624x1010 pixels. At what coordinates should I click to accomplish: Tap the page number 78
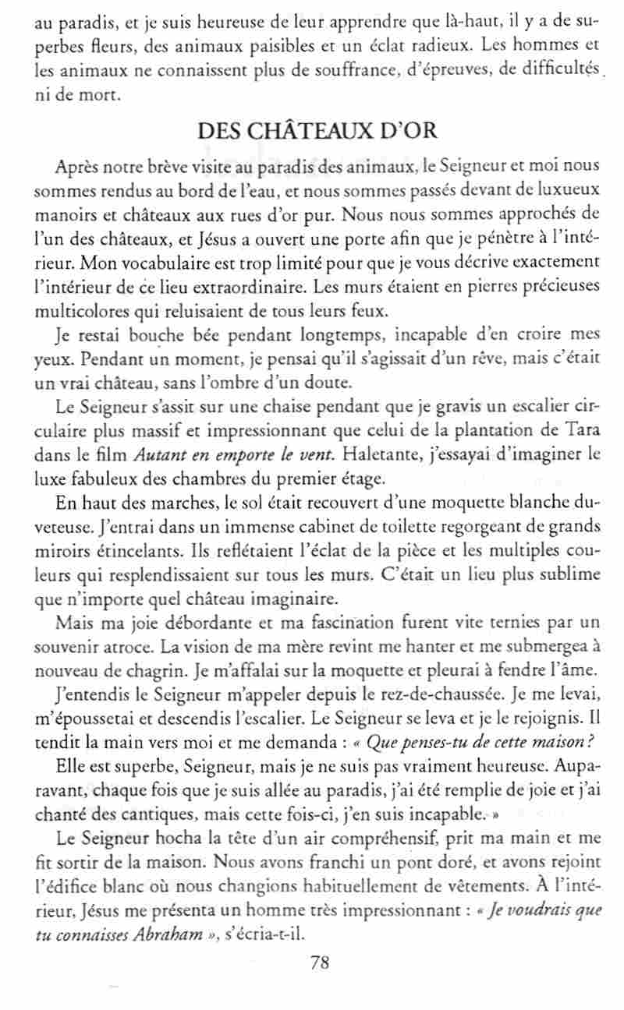coord(319,962)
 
